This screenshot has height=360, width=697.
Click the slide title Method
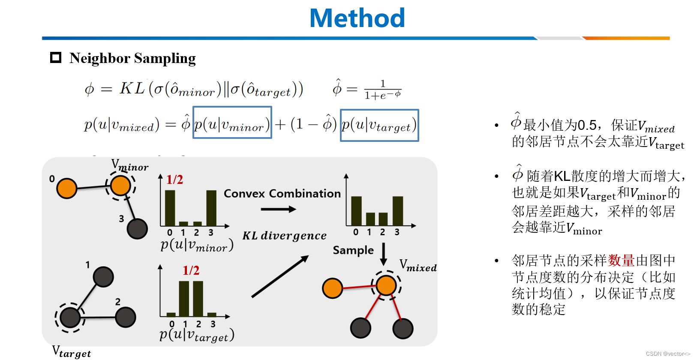click(x=357, y=18)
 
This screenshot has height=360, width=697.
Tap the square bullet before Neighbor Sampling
click(x=56, y=57)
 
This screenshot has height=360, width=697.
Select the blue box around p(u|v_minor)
click(x=232, y=123)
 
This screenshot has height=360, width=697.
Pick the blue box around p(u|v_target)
click(x=379, y=125)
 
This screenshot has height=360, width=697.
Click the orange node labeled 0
click(x=67, y=188)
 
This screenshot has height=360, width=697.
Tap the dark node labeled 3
click(x=137, y=229)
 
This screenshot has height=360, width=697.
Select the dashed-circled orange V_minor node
click(x=120, y=186)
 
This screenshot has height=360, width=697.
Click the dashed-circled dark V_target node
click(x=70, y=317)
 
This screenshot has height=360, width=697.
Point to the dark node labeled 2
click(x=126, y=317)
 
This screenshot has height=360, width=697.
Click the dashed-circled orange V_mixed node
click(x=386, y=285)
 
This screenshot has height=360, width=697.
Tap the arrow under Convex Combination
click(x=278, y=209)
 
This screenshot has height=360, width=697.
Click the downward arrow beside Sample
click(x=384, y=254)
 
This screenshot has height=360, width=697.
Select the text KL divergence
click(x=284, y=236)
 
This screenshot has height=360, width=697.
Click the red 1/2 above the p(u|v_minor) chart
click(x=174, y=180)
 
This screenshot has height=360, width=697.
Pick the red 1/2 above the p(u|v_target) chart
click(x=191, y=270)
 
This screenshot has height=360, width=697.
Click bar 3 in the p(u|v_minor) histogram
click(x=211, y=208)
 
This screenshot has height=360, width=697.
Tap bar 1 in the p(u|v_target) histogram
click(x=184, y=298)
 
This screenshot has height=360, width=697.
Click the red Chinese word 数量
click(x=621, y=260)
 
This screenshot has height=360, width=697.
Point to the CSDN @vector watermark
click(x=668, y=354)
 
